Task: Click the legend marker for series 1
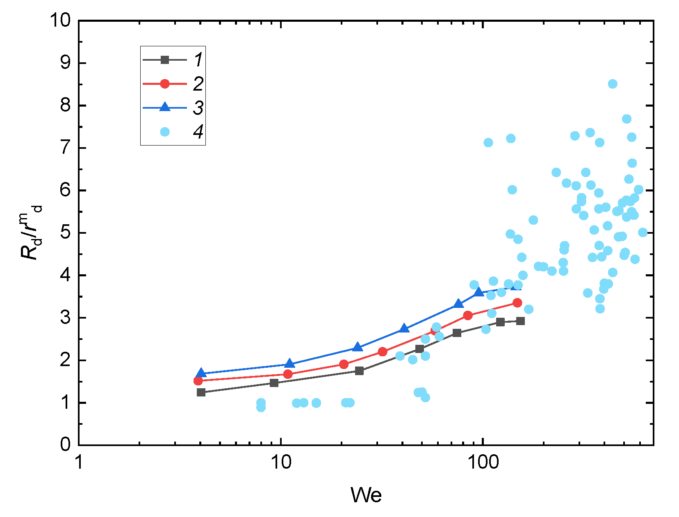tap(164, 60)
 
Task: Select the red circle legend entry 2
tap(164, 84)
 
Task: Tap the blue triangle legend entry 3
tap(164, 107)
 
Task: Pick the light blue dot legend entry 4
tap(164, 132)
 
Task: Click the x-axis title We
tap(366, 495)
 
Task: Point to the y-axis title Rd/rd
tap(31, 232)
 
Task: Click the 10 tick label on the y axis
tap(60, 20)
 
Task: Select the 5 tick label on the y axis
tap(66, 233)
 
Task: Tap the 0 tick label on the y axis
tap(66, 445)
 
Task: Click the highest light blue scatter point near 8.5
tap(613, 84)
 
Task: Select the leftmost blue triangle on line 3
tap(201, 373)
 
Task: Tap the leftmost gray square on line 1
tap(201, 392)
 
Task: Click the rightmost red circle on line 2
tap(517, 303)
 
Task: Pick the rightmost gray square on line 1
tap(521, 321)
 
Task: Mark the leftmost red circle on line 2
tap(198, 380)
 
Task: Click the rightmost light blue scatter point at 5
tap(643, 232)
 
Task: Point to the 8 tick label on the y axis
tap(66, 105)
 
